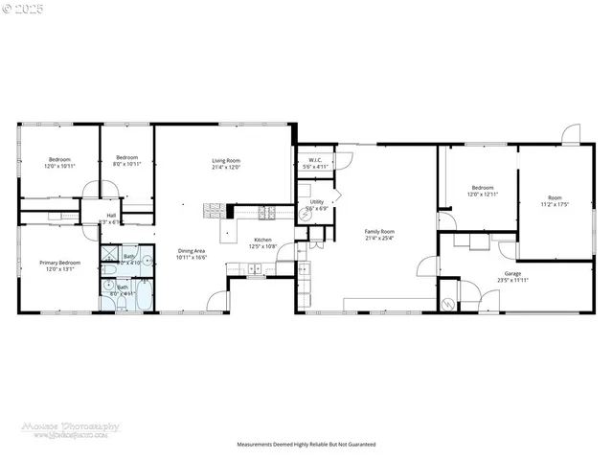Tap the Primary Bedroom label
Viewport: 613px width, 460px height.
click(59, 262)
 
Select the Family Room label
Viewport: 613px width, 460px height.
click(379, 231)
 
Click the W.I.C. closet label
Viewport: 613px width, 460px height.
click(315, 160)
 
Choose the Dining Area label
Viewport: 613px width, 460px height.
click(192, 251)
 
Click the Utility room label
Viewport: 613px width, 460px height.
click(316, 201)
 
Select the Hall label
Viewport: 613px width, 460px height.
click(111, 216)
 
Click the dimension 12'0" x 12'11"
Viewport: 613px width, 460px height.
click(482, 195)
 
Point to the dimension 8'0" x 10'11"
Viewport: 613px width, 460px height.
click(127, 165)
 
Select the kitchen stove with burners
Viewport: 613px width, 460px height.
click(270, 213)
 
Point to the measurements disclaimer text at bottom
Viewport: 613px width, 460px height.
click(306, 445)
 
